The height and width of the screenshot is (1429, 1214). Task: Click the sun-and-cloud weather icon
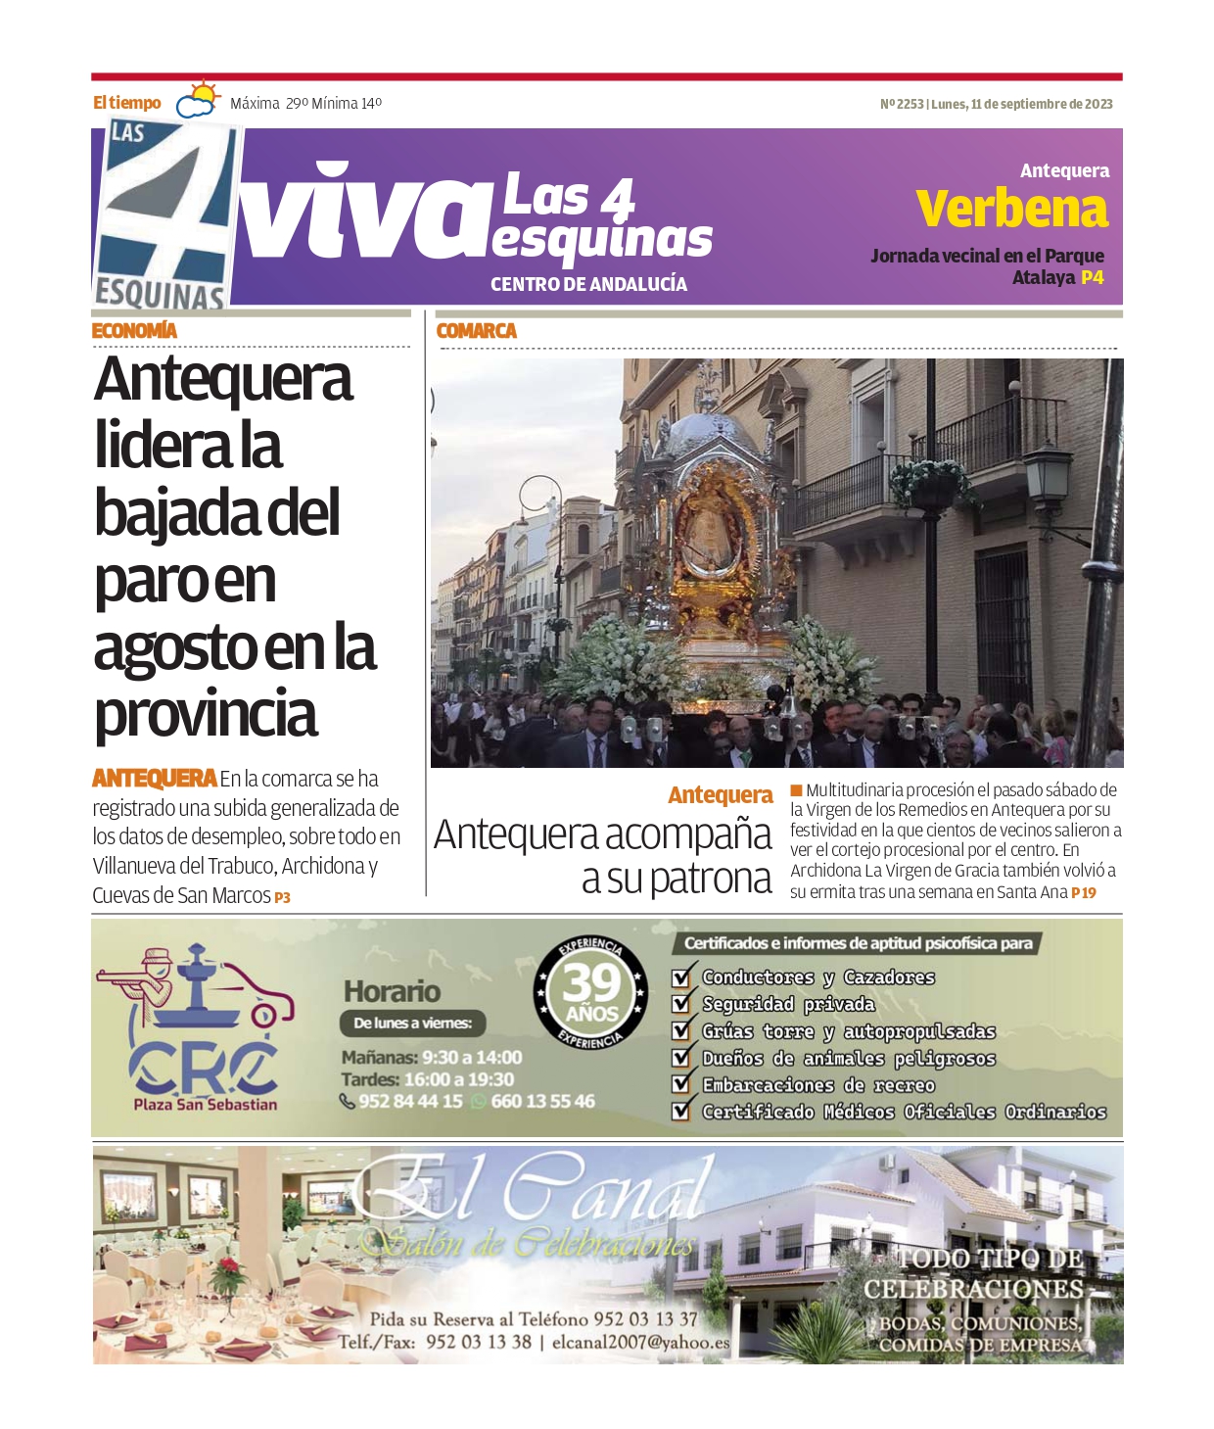pyautogui.click(x=199, y=101)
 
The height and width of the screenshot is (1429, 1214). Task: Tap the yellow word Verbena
pyautogui.click(x=1011, y=209)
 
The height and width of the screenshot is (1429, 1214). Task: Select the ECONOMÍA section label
pyautogui.click(x=134, y=331)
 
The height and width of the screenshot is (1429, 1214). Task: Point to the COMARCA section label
pyautogui.click(x=476, y=331)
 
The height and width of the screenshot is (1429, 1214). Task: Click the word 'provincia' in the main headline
pyautogui.click(x=206, y=714)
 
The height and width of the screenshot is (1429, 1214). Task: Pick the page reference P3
pyautogui.click(x=282, y=897)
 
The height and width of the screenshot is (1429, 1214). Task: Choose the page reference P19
pyautogui.click(x=1083, y=893)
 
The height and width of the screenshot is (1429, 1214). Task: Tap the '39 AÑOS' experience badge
pyautogui.click(x=590, y=993)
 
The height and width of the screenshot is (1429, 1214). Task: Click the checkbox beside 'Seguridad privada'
pyautogui.click(x=681, y=1004)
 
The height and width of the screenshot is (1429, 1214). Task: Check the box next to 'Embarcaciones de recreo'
pyautogui.click(x=681, y=1085)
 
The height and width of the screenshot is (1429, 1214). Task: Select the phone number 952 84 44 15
pyautogui.click(x=410, y=1101)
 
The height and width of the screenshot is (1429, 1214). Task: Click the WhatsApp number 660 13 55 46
pyautogui.click(x=542, y=1101)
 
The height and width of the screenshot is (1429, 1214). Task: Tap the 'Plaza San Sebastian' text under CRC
pyautogui.click(x=206, y=1105)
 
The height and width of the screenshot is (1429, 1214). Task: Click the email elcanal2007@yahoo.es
pyautogui.click(x=640, y=1343)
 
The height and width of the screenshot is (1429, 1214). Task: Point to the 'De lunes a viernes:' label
pyautogui.click(x=412, y=1024)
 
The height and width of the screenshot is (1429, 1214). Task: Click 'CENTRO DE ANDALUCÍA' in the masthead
pyautogui.click(x=588, y=284)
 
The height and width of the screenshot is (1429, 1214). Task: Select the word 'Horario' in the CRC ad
pyautogui.click(x=392, y=991)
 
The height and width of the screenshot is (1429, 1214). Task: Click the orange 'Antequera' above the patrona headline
pyautogui.click(x=720, y=795)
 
